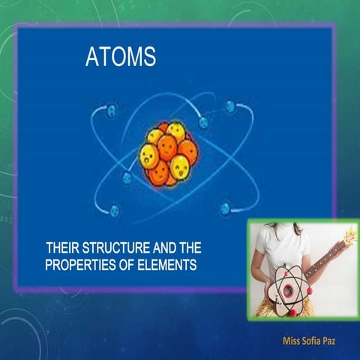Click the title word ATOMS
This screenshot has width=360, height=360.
click(121, 58)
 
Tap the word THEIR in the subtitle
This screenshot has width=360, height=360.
click(62, 247)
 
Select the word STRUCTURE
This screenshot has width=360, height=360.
click(114, 247)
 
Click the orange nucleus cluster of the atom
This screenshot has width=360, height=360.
click(167, 153)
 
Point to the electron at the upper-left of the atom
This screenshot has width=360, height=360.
click(112, 111)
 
